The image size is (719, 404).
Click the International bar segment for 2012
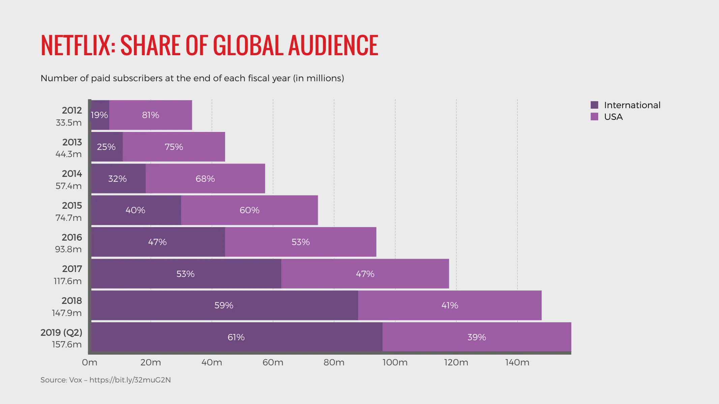pos(100,115)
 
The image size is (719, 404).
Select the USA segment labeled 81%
pos(151,115)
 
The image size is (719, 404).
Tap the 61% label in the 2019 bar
pos(236,337)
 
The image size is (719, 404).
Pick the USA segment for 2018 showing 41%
pos(450,305)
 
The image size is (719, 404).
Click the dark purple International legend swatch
pos(594,105)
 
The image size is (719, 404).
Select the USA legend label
pos(613,117)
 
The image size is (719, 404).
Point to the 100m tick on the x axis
pos(395,363)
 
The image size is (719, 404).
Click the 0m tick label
pos(90,363)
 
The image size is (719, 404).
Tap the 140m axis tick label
pos(517,363)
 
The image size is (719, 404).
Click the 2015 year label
pos(72,205)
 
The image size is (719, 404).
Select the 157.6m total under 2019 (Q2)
pos(67,344)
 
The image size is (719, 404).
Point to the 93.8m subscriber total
pos(68,249)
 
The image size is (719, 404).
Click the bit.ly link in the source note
pos(130,380)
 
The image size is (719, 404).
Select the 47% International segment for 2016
pos(157,242)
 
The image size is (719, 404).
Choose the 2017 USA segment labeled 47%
pos(365,274)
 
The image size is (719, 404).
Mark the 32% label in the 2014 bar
pos(117,179)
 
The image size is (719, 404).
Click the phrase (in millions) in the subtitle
pos(319,78)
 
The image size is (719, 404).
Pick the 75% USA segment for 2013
pos(174,147)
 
